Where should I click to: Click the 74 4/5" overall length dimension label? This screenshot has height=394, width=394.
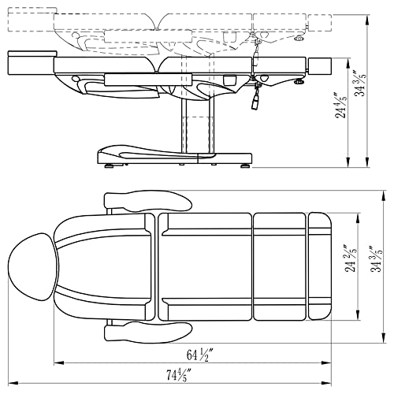tap(179, 375)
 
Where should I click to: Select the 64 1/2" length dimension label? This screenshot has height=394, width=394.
tap(199, 355)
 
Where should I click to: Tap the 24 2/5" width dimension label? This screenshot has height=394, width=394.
tap(351, 258)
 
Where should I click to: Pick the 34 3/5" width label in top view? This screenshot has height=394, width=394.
tap(376, 258)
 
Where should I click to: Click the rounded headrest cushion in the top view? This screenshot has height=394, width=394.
tap(34, 267)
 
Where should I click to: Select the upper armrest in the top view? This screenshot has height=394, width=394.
tap(148, 202)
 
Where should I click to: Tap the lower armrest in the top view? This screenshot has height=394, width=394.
tap(148, 332)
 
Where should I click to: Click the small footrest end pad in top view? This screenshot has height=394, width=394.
tap(320, 266)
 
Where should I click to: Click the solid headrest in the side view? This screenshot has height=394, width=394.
tap(32, 63)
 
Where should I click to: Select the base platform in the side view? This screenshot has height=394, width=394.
tap(175, 155)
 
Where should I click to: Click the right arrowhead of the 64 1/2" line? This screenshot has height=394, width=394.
tap(326, 363)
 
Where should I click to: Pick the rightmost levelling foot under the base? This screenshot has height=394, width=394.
tap(246, 166)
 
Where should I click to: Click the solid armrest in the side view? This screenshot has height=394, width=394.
tap(148, 80)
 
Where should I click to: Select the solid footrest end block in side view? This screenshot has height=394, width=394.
tap(320, 66)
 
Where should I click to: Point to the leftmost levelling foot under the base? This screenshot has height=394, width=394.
tap(109, 166)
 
